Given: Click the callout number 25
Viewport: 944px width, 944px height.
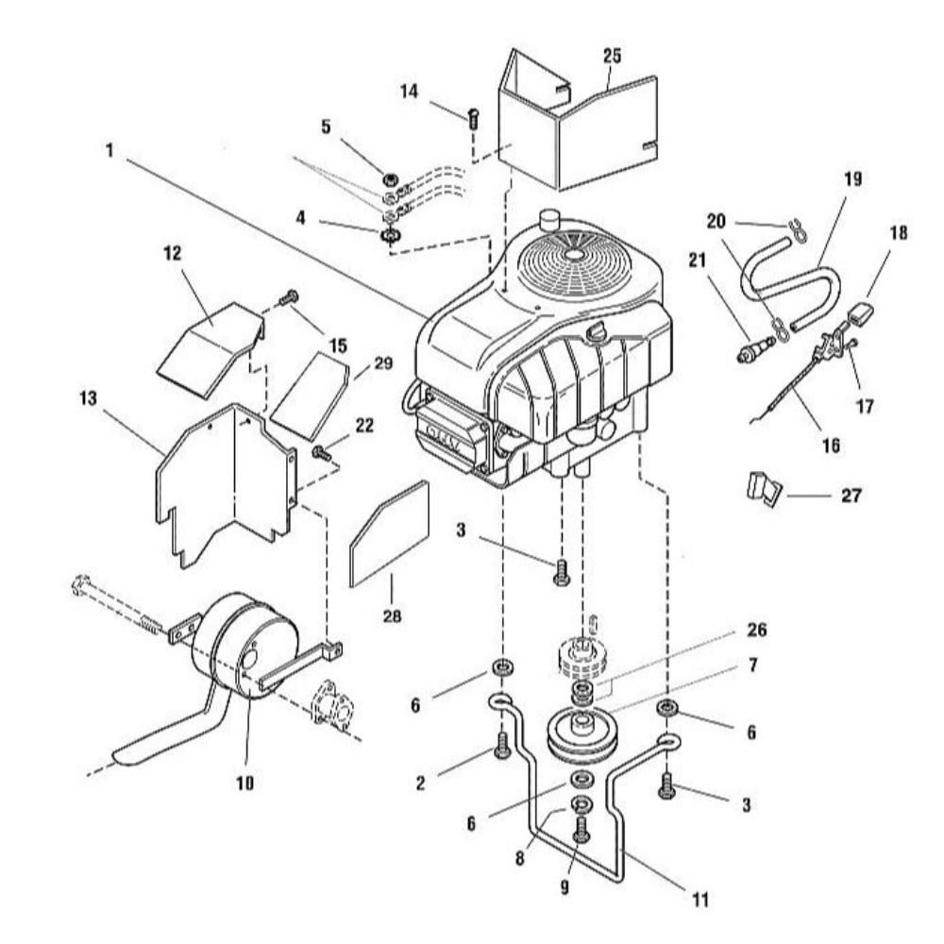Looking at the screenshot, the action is click(612, 56).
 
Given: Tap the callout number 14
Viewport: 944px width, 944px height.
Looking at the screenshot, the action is click(409, 92).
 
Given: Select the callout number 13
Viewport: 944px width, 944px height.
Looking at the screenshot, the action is click(88, 398).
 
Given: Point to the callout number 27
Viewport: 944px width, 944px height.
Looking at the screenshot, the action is click(851, 496).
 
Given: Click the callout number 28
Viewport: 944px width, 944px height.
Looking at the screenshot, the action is click(392, 616).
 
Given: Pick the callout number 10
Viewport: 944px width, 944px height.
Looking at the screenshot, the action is click(245, 784).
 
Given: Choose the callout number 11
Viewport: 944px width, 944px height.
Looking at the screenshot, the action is click(700, 900).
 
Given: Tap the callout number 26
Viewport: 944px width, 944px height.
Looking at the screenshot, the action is click(757, 630).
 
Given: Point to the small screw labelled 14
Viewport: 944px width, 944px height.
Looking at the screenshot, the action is click(473, 117).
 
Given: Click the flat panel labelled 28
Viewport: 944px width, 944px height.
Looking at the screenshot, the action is click(389, 534).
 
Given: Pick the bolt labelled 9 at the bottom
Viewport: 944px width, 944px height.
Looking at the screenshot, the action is click(581, 829).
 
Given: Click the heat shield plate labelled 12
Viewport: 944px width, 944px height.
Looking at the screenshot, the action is click(211, 350).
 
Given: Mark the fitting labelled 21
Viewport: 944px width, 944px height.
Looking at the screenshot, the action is click(756, 349).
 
